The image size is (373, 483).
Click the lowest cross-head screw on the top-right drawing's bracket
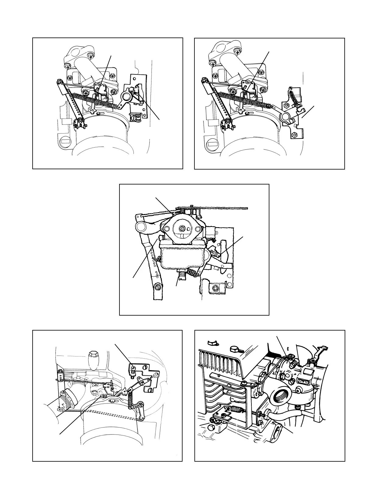(295, 135)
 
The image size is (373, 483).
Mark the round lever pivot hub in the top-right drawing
(286, 116)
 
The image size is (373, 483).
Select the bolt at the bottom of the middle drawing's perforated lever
(158, 287)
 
